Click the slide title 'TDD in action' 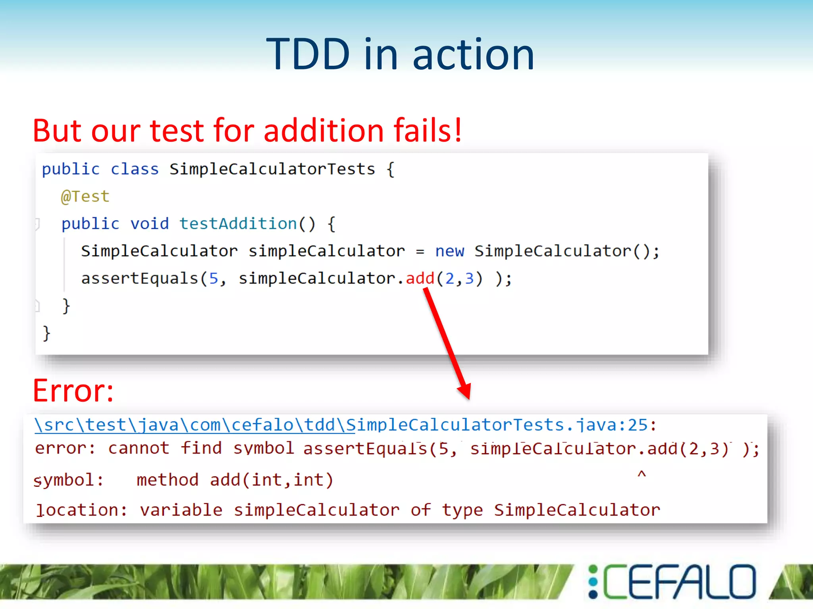click(x=400, y=54)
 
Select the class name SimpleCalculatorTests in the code click(x=272, y=169)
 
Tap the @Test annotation click(x=85, y=196)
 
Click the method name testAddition click(x=238, y=224)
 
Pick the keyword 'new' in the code click(x=449, y=251)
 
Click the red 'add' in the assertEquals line click(x=420, y=278)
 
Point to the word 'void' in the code click(x=149, y=224)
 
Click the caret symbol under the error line click(x=642, y=474)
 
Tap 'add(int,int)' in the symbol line click(x=272, y=480)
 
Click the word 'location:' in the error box click(x=81, y=510)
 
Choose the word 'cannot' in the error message click(x=139, y=448)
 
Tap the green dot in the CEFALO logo click(x=593, y=570)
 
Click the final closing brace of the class click(x=46, y=333)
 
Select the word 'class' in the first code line click(x=135, y=169)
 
